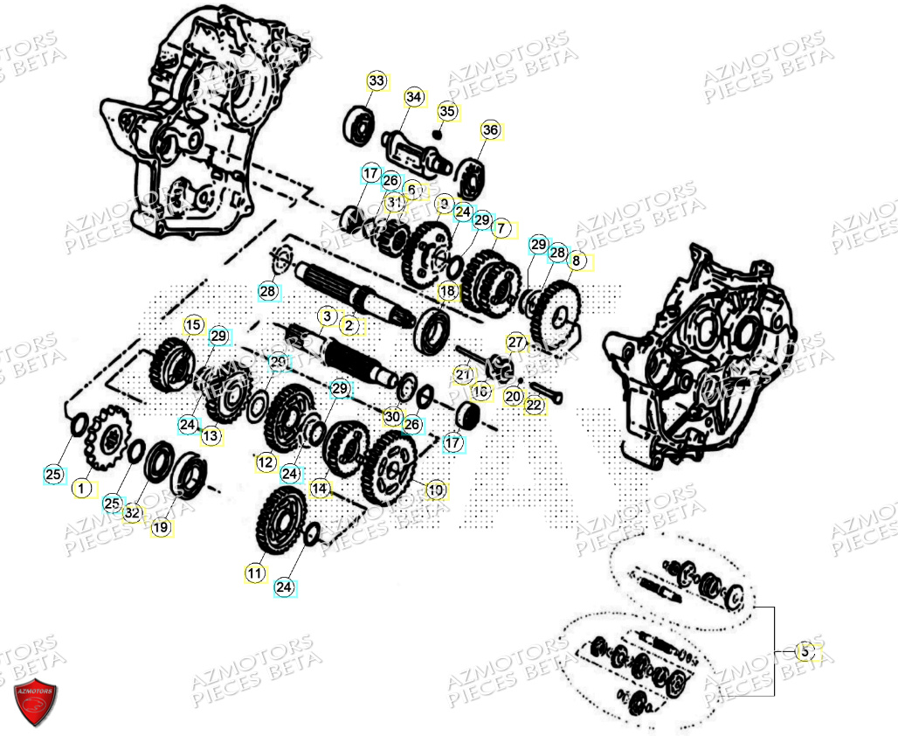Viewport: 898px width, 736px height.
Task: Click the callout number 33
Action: pyautogui.click(x=376, y=81)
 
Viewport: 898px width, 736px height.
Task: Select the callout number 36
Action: pyautogui.click(x=490, y=130)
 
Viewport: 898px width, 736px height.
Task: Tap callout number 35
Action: pyautogui.click(x=447, y=111)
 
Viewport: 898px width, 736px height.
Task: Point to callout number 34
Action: pyautogui.click(x=413, y=96)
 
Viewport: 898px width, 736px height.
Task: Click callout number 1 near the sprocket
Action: pyautogui.click(x=82, y=488)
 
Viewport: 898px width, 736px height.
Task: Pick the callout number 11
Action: pyautogui.click(x=254, y=573)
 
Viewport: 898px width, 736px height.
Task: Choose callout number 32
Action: pyautogui.click(x=132, y=513)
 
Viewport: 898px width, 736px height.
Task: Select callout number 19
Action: pyautogui.click(x=160, y=527)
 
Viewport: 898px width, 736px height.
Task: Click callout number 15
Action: pyautogui.click(x=193, y=325)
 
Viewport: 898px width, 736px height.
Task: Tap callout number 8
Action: pyautogui.click(x=574, y=260)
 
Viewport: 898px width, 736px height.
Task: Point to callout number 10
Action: pyautogui.click(x=435, y=490)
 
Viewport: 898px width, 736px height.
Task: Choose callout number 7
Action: pyautogui.click(x=501, y=228)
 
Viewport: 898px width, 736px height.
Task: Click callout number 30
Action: pyautogui.click(x=393, y=417)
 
